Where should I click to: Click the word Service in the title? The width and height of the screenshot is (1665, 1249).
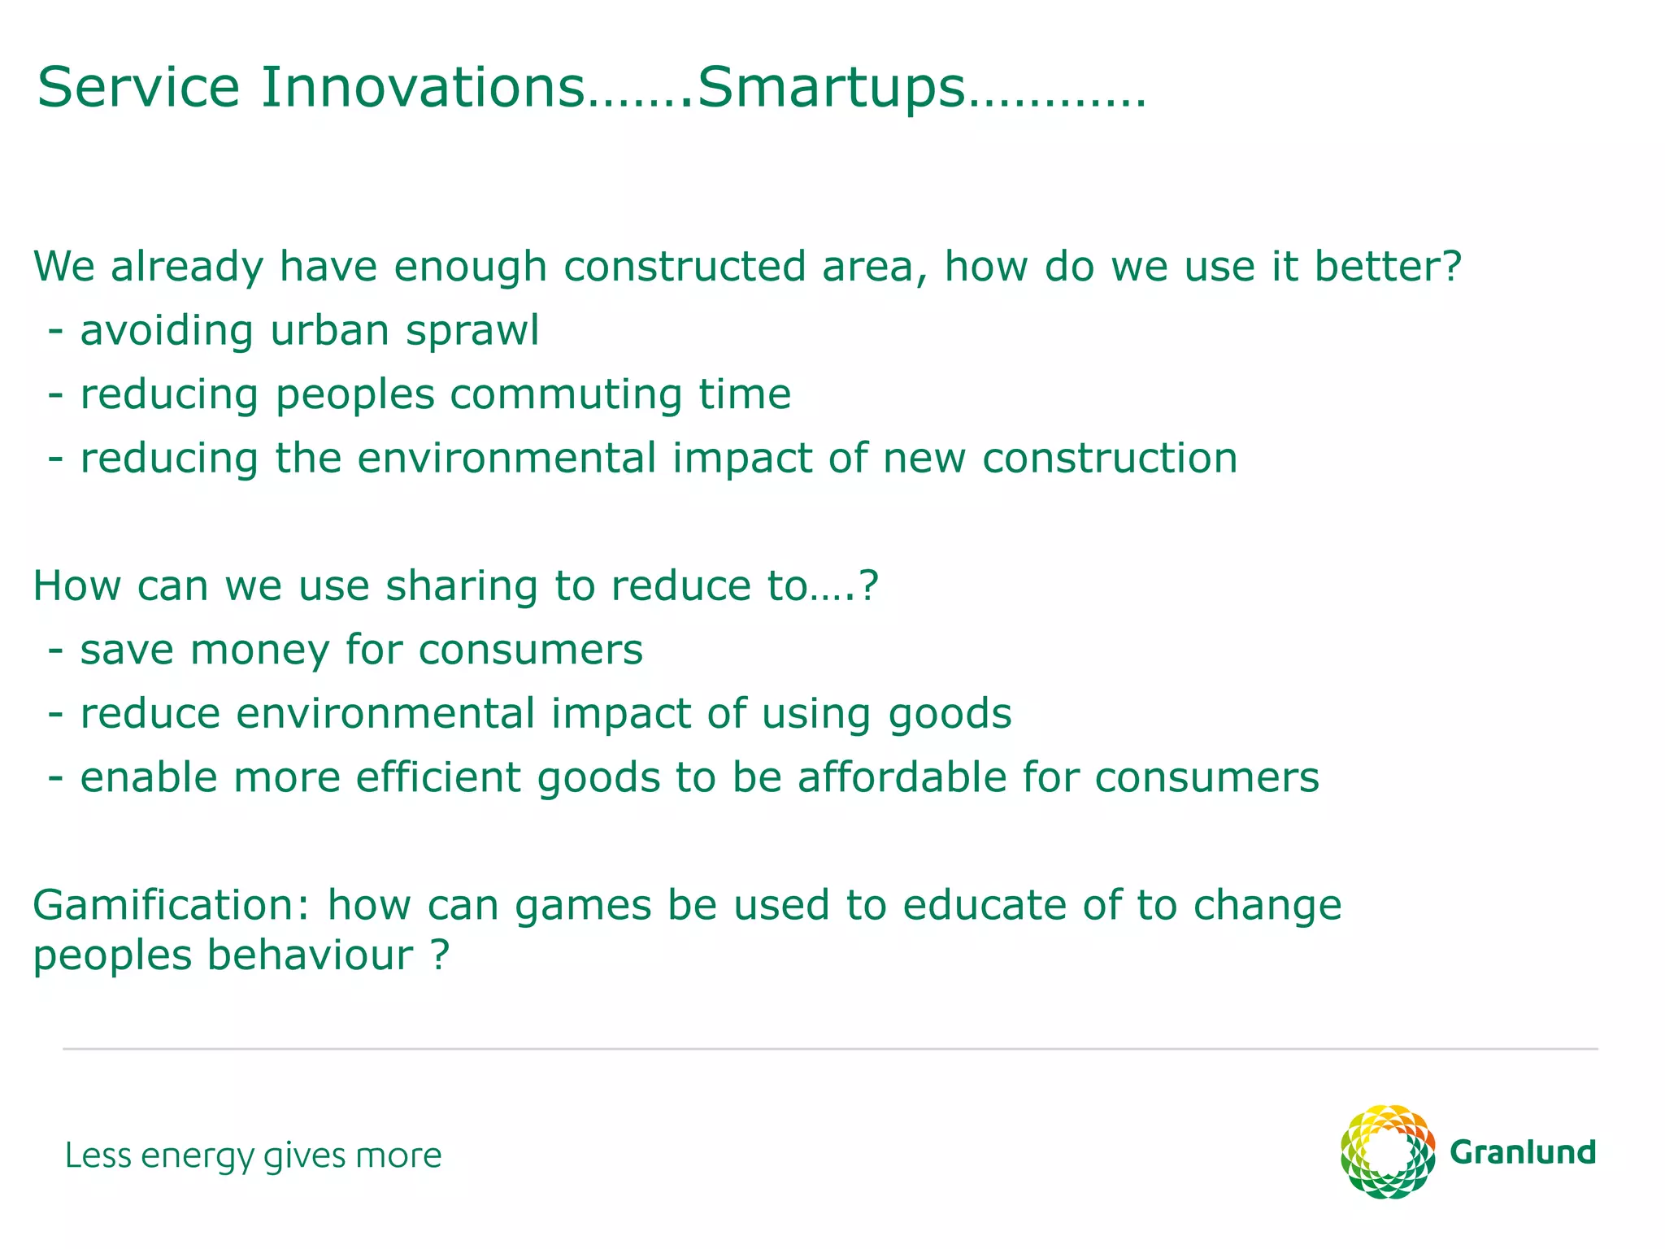tap(138, 88)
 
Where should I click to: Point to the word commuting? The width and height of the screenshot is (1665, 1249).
tap(566, 395)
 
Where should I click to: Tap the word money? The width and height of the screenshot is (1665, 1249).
tap(259, 651)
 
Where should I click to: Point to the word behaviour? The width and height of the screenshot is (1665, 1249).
tap(309, 955)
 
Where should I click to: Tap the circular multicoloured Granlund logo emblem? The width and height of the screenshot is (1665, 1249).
tap(1387, 1151)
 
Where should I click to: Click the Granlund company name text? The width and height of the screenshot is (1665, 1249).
tap(1522, 1153)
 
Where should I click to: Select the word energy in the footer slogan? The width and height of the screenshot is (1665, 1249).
tap(198, 1156)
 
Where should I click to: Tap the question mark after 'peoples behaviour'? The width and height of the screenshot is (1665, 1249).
tap(439, 955)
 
